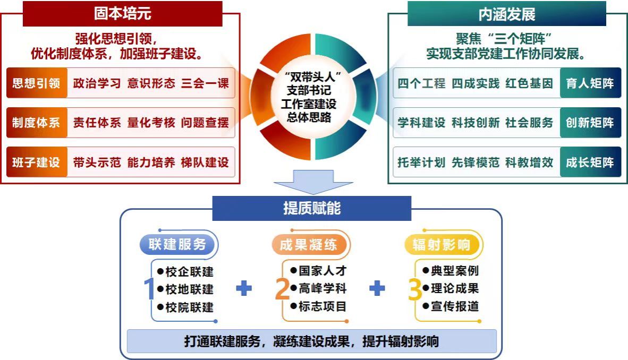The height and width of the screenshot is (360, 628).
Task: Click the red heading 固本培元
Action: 122,14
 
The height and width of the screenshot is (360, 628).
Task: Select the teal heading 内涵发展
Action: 506,14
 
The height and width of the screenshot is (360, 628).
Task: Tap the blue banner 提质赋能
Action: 312,208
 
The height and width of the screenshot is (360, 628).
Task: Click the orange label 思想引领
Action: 37,83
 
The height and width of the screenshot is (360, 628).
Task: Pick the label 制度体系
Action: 37,123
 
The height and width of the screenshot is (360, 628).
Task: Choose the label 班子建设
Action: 37,162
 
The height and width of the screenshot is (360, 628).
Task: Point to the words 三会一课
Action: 205,83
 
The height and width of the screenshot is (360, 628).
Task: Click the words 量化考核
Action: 151,123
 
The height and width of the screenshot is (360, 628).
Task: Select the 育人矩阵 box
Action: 590,83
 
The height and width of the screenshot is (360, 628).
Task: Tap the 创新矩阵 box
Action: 590,123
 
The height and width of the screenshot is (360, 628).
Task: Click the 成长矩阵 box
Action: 590,162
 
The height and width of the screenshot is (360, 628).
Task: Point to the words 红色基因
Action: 529,83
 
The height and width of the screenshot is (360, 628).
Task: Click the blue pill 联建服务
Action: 177,244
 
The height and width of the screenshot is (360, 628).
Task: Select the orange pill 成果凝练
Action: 308,244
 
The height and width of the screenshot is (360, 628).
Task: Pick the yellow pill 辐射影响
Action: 442,244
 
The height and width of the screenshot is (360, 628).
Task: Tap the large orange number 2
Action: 282,289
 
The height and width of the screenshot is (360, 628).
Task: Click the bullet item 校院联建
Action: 189,307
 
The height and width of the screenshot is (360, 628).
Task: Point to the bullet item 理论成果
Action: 454,289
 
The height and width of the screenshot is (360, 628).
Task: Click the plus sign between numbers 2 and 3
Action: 377,288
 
